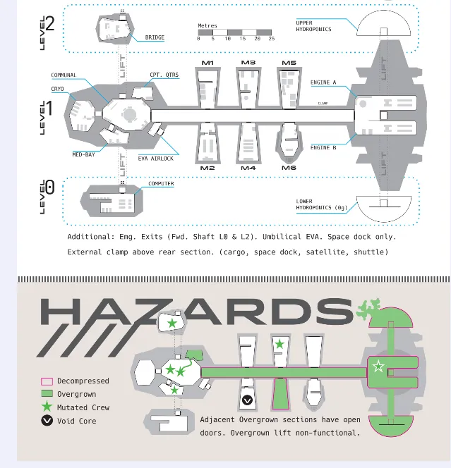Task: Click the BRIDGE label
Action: tap(155, 37)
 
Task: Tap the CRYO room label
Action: tap(57, 89)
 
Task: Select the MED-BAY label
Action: tap(84, 154)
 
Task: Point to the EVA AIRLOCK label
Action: tap(156, 159)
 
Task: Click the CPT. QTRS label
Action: tap(164, 75)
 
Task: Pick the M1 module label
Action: tap(208, 63)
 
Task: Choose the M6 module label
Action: tap(289, 168)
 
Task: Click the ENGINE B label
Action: tap(323, 148)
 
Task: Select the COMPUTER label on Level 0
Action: tap(161, 183)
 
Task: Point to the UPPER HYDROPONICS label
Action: tap(313, 26)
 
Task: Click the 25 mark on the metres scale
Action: tap(272, 39)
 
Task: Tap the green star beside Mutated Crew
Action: tap(47, 407)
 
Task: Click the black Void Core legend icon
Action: tap(47, 421)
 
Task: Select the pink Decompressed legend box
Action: tap(47, 381)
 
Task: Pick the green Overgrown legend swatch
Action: tap(47, 394)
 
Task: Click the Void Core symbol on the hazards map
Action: tap(247, 400)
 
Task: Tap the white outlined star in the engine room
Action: tap(378, 366)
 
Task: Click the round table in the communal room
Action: tap(129, 114)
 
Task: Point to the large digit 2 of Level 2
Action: tap(50, 23)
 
